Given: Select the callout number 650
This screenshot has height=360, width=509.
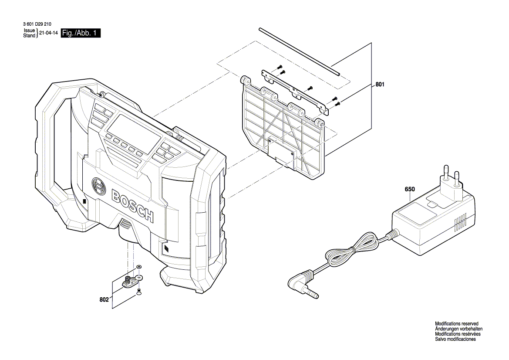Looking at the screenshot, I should pyautogui.click(x=410, y=189).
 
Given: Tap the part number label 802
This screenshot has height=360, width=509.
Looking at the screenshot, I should pyautogui.click(x=104, y=300).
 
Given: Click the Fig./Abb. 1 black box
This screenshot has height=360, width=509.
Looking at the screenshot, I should pyautogui.click(x=81, y=33).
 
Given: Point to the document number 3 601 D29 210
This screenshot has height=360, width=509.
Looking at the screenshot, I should pyautogui.click(x=36, y=24).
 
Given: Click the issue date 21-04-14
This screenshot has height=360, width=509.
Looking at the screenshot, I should pyautogui.click(x=49, y=33).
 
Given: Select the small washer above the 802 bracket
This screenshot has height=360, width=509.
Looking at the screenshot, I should pyautogui.click(x=138, y=266).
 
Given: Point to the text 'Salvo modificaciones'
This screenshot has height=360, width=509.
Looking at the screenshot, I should pyautogui.click(x=455, y=339).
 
